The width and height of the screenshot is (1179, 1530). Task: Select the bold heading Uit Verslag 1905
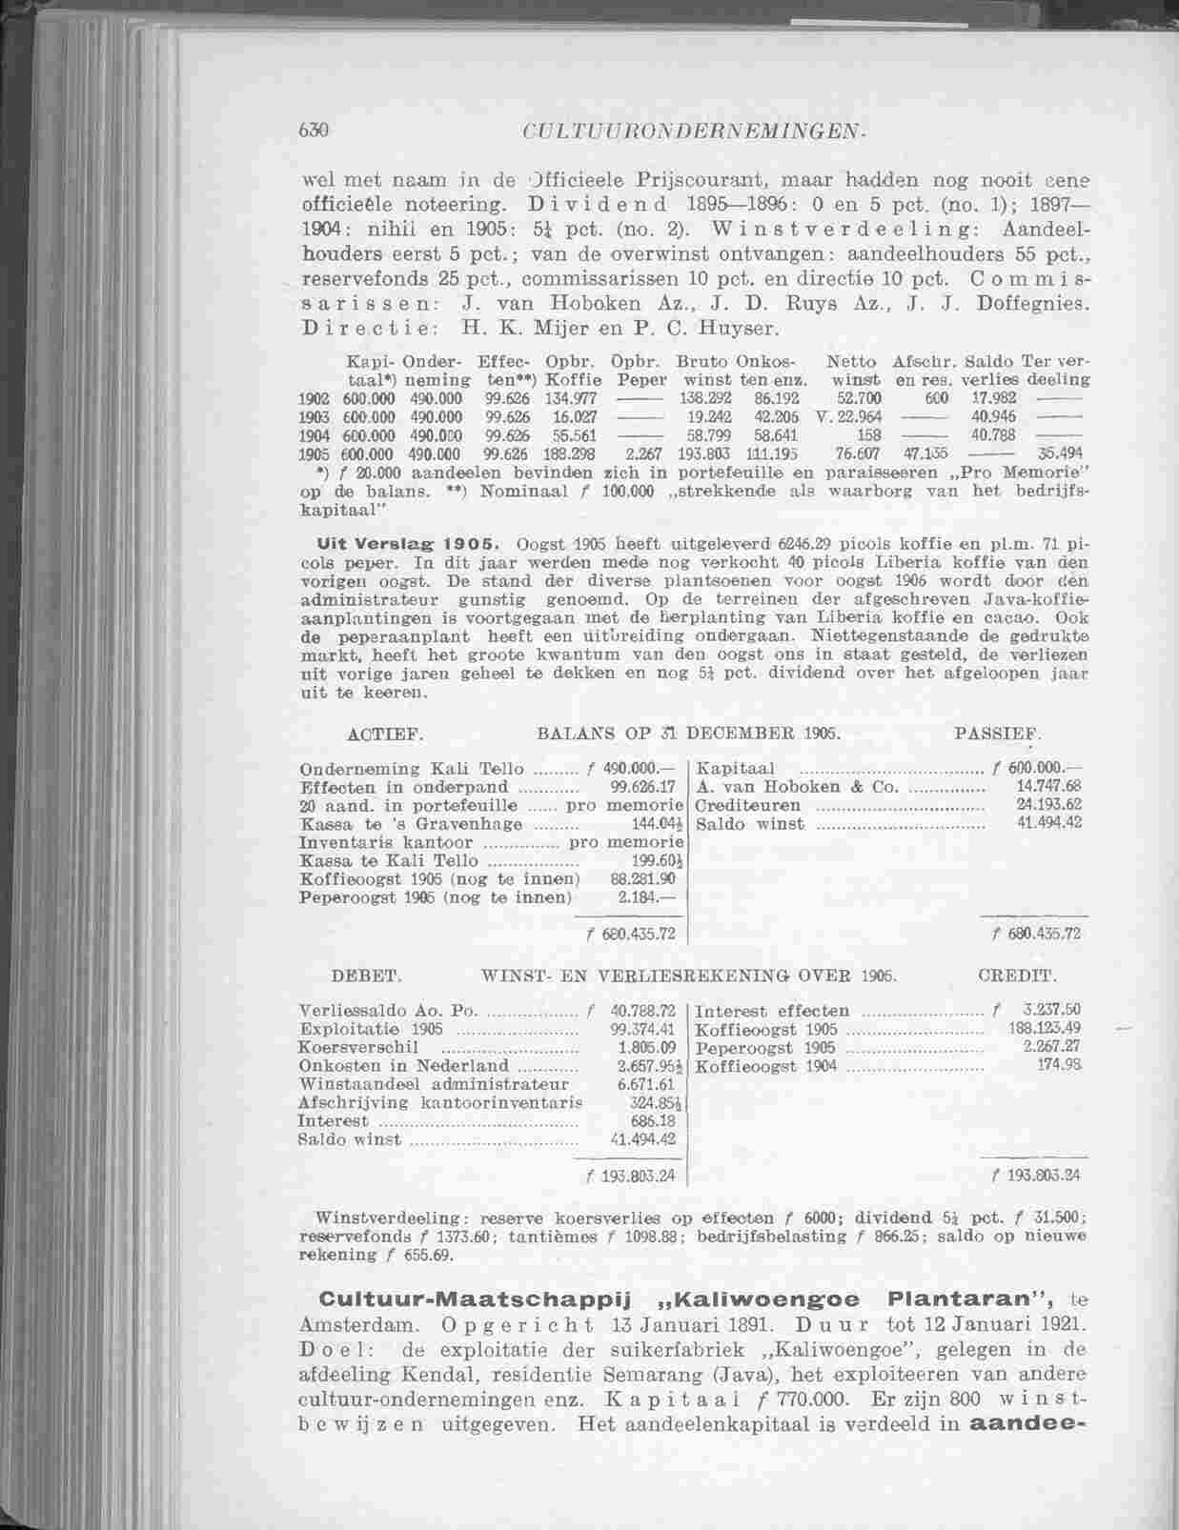pos(403,544)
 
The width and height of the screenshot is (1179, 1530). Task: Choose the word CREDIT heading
pos(1017,977)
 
